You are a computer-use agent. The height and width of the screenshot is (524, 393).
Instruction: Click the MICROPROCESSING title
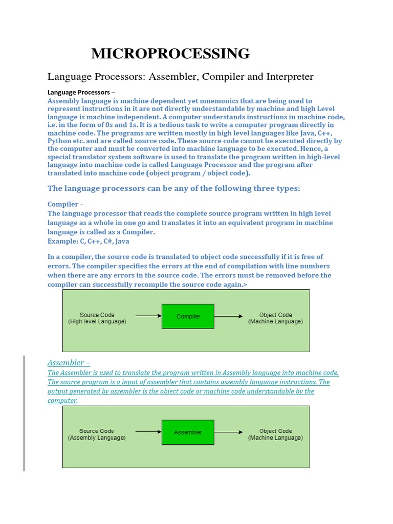pos(170,53)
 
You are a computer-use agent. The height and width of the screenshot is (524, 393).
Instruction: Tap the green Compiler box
pos(188,316)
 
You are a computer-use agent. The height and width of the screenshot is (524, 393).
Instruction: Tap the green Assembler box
pos(188,432)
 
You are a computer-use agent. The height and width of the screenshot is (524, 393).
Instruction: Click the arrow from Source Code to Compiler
pos(148,316)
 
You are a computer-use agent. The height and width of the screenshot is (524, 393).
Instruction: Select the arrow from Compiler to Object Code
pos(229,316)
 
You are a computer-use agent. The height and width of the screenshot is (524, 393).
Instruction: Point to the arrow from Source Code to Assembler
pos(148,432)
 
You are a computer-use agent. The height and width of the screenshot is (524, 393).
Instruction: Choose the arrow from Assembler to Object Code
pos(229,432)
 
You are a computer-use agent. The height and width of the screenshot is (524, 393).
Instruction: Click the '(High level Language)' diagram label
pos(97,322)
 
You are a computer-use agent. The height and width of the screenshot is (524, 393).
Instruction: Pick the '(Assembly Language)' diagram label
pos(97,438)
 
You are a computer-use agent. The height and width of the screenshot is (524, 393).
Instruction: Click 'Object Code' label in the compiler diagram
pos(276,315)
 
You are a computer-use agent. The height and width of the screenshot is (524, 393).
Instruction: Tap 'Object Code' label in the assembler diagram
pos(276,431)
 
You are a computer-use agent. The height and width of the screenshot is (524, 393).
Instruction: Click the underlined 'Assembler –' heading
pos(69,363)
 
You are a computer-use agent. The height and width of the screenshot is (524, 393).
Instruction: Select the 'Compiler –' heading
pos(65,204)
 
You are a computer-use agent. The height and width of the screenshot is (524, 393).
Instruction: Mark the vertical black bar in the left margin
pos(24,413)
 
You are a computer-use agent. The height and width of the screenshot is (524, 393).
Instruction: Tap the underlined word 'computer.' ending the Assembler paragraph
pos(62,401)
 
